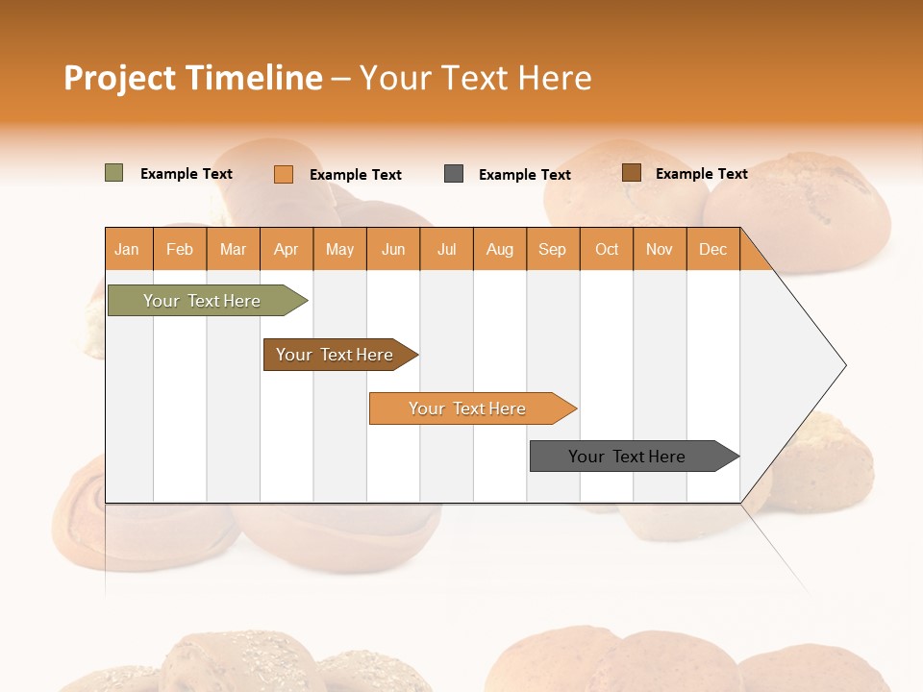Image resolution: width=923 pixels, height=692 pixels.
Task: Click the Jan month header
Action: pos(127,249)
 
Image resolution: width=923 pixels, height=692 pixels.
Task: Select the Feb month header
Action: pos(180,249)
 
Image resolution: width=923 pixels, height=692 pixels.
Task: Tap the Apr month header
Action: pos(286,249)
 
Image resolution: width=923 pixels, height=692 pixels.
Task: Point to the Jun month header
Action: pos(393,249)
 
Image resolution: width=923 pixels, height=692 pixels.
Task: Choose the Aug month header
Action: pos(499,249)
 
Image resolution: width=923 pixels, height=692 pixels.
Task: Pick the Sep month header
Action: pos(552,249)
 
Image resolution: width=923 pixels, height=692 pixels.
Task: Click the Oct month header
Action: pos(607,249)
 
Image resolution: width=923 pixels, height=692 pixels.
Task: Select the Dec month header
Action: pos(712,249)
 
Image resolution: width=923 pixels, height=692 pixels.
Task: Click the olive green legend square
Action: pos(114,173)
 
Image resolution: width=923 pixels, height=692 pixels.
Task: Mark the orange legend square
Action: pos(284,174)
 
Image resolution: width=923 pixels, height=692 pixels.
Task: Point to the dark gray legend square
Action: pos(454,174)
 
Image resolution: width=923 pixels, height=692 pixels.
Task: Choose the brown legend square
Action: pos(631,173)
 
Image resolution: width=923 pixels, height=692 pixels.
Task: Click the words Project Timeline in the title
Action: pos(193,78)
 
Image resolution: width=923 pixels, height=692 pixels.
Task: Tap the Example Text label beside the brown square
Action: pos(701,174)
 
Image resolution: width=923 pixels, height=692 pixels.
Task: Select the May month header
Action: pos(339,249)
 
